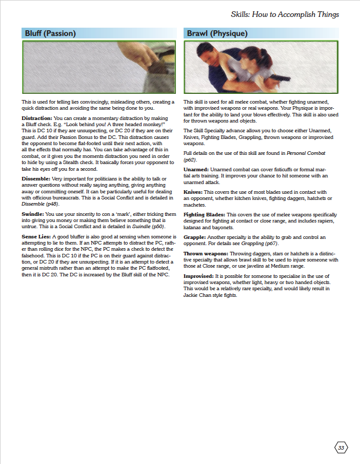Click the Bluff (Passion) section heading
(x=50, y=34)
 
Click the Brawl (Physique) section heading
(x=217, y=34)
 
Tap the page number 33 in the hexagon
(x=341, y=448)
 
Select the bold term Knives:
(x=193, y=192)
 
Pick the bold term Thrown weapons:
(x=205, y=253)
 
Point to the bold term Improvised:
(x=198, y=276)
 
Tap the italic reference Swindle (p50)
(x=148, y=226)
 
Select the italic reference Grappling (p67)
(x=259, y=244)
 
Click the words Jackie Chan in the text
(x=199, y=295)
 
